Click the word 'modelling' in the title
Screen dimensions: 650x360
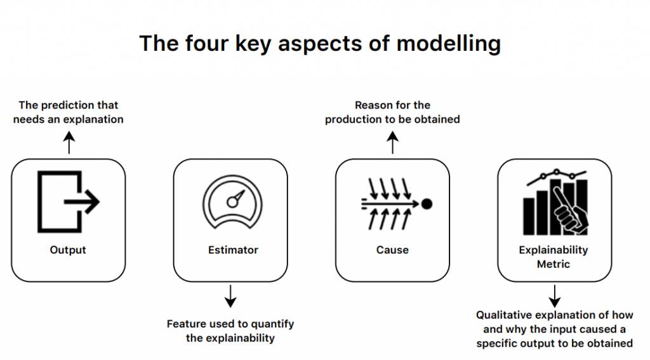click(449, 44)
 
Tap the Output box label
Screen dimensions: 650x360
click(68, 250)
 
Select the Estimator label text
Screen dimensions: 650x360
click(233, 250)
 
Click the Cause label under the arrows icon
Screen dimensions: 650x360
click(392, 250)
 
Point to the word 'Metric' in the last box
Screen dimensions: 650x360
click(554, 263)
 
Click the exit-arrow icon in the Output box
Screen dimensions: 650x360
click(69, 201)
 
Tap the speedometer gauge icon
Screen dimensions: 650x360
click(232, 202)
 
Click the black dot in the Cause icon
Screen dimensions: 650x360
click(427, 204)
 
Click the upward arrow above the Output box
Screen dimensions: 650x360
click(69, 143)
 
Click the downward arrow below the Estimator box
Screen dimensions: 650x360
click(230, 296)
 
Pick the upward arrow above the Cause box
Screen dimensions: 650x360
click(392, 143)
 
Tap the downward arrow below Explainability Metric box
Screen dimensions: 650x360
click(555, 296)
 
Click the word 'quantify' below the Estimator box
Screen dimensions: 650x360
click(272, 324)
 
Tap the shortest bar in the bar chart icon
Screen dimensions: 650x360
click(529, 217)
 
